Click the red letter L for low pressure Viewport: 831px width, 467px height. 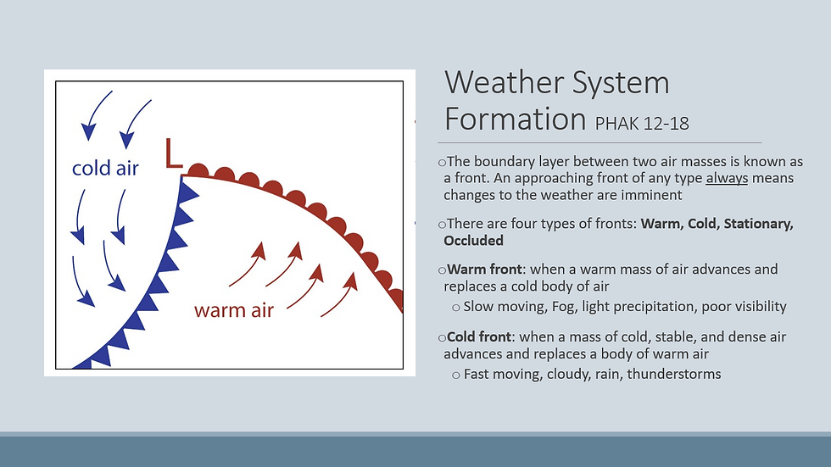(x=173, y=153)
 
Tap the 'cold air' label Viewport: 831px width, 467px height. (x=105, y=169)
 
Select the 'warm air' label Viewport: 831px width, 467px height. (x=234, y=310)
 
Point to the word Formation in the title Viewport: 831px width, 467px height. (x=516, y=120)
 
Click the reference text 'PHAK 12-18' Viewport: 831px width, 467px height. (x=642, y=124)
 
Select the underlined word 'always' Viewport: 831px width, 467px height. (x=727, y=179)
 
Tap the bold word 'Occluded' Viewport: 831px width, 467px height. (x=473, y=241)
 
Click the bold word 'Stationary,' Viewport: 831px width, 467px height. (x=758, y=224)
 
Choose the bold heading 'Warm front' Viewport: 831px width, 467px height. (x=484, y=269)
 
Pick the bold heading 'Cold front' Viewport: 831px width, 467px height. (x=479, y=336)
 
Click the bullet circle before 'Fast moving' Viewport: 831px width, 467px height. (x=456, y=375)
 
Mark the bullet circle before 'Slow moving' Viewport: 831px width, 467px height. (x=456, y=308)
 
